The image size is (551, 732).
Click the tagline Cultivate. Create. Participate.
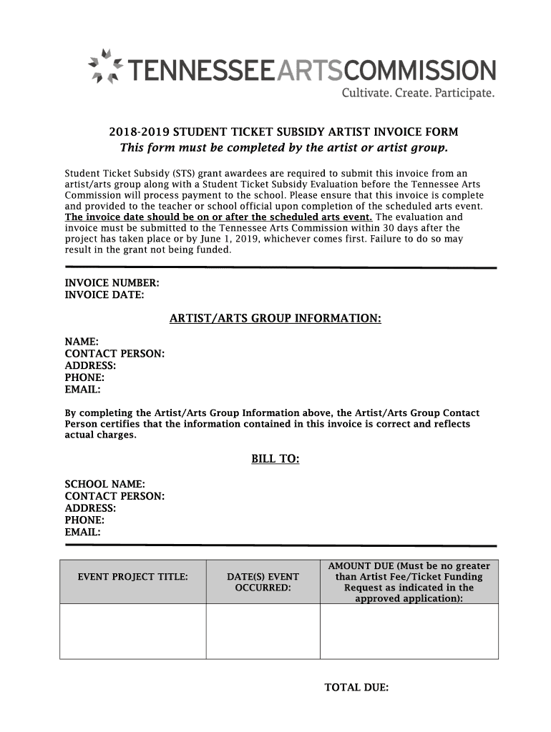416,94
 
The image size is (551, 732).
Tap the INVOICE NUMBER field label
112,283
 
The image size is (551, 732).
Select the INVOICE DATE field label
104,295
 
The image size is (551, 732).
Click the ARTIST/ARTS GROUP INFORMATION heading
275,318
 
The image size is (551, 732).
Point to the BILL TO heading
275,459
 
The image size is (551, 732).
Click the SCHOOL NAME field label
105,484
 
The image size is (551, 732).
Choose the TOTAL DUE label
356,688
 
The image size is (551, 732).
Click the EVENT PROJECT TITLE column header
133,576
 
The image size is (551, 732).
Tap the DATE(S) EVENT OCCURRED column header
263,582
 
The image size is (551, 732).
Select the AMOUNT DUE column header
409,582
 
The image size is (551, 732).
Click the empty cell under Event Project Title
133,631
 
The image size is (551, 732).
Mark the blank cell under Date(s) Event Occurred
263,631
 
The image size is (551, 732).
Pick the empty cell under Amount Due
409,631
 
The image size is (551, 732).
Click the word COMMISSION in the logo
421,71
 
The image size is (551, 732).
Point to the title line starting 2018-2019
283,132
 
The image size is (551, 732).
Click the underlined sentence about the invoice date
219,217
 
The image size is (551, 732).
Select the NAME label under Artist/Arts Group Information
82,342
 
